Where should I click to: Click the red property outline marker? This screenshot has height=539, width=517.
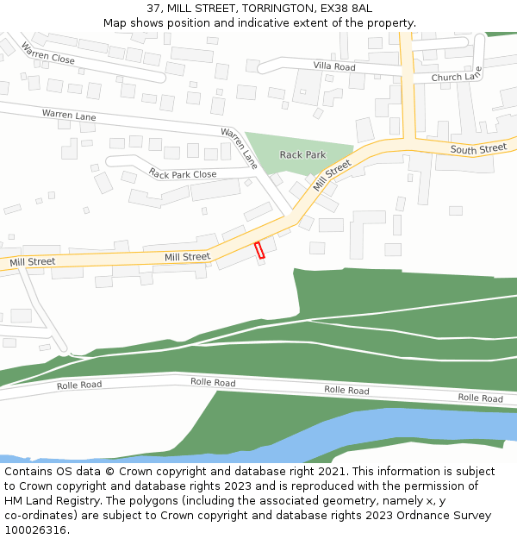pos(259,250)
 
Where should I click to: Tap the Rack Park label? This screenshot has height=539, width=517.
pos(303,155)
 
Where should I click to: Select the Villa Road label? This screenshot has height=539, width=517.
pos(334,66)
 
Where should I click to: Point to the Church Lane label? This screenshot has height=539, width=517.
pos(457,77)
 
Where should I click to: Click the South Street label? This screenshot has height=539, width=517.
pos(478,149)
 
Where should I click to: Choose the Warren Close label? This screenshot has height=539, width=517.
pos(48,54)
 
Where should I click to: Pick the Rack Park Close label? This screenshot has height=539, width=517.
pos(182,174)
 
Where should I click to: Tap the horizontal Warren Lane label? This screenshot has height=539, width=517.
pos(69,115)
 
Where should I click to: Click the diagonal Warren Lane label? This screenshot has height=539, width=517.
pos(239,147)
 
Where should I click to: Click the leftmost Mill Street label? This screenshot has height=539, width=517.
pos(33,261)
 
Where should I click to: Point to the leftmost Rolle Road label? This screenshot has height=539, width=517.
pos(79,385)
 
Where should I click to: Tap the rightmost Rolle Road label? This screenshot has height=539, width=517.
pos(480,398)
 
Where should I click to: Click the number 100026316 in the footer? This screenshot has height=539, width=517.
pos(34,530)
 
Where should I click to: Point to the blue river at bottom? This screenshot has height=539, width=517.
pos(414,427)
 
